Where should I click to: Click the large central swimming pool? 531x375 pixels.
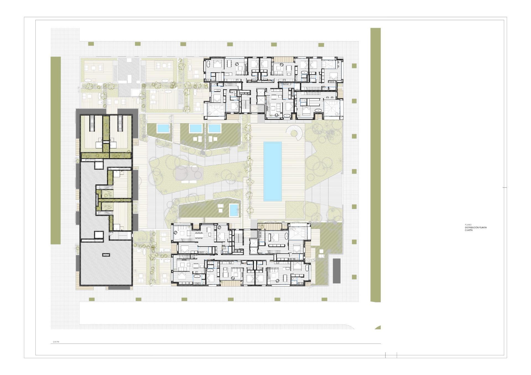[273, 171]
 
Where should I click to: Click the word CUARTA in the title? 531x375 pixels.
[469, 230]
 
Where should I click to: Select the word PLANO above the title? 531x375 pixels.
[468, 225]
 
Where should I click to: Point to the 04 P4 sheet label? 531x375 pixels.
[56, 342]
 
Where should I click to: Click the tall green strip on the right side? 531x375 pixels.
[376, 165]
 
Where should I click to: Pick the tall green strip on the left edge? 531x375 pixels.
[56, 150]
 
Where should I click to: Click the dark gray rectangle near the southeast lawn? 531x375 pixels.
[336, 271]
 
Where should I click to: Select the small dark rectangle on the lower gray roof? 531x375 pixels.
[106, 255]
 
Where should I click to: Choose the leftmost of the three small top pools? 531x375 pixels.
[163, 128]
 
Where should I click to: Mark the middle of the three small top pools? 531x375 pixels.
[196, 128]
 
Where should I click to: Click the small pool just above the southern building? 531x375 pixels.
[234, 210]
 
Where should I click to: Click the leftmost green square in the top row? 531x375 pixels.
[91, 44]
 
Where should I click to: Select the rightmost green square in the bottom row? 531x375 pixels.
[324, 299]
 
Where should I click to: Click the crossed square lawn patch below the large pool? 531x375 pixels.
[295, 210]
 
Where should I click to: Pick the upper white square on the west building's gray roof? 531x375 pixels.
[99, 165]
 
